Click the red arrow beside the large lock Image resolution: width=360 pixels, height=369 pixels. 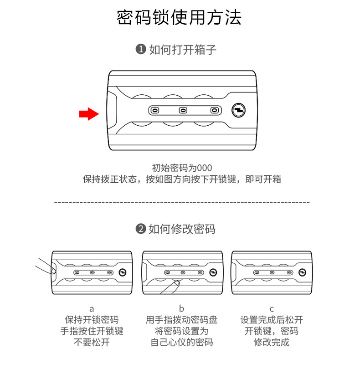click(89, 114)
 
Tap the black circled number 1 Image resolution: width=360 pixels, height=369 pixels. click(141, 50)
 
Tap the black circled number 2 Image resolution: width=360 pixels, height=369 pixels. click(141, 229)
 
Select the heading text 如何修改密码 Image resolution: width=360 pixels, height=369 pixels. click(182, 229)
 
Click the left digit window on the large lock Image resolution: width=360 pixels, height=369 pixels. click(155, 110)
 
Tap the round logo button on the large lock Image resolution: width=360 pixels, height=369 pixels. click(238, 110)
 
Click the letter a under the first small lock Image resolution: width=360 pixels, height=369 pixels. click(92, 309)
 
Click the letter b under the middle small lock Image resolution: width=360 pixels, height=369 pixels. click(182, 309)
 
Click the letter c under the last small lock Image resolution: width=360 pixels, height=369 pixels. click(272, 309)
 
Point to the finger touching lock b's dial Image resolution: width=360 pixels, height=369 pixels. click(172, 287)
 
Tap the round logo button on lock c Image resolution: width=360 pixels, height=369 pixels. click(303, 272)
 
